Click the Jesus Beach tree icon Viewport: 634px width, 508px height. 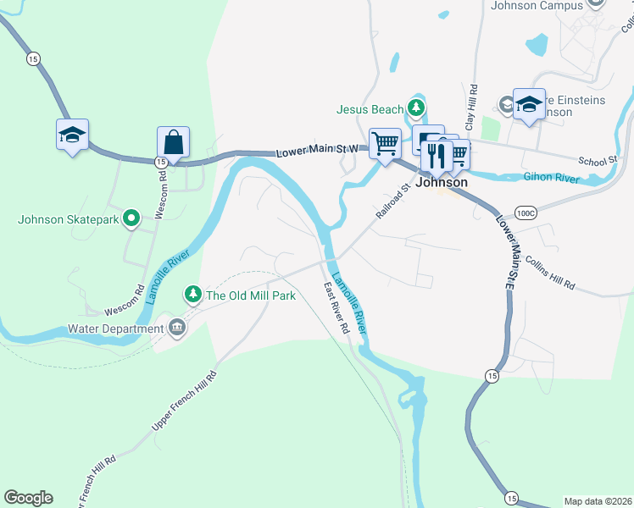(415, 108)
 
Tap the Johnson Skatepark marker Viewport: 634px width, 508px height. (131, 219)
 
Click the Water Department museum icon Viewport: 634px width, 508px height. (176, 328)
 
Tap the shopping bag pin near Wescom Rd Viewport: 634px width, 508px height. (173, 142)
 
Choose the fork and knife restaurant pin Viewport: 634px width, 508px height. (437, 154)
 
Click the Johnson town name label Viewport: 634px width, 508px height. (442, 182)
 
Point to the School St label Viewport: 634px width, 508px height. (598, 161)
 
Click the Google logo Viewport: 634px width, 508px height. (28, 498)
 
